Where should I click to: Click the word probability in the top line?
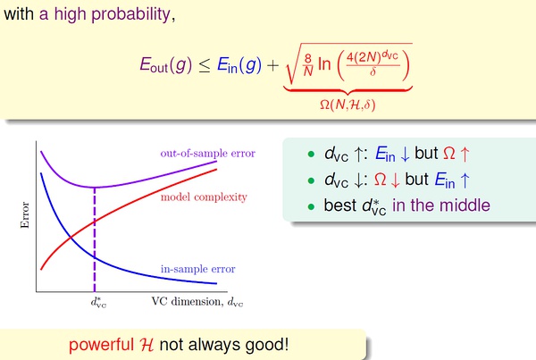130,14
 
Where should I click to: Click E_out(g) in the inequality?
166,64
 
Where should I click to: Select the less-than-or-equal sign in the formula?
205,65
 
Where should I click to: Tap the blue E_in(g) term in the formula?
239,64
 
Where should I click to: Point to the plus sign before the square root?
272,65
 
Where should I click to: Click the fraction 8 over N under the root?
308,64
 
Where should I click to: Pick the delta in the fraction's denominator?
373,71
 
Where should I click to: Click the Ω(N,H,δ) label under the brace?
348,105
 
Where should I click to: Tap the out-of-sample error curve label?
208,153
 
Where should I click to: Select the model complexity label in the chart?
204,197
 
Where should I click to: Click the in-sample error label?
198,269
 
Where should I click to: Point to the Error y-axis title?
25,214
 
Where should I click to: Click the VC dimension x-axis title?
197,302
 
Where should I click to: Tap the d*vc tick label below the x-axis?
98,302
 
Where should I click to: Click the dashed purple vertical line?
95,239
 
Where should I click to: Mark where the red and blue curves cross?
71,236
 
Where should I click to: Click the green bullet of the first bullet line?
311,155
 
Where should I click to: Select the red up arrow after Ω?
465,154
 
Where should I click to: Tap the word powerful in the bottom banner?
101,345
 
